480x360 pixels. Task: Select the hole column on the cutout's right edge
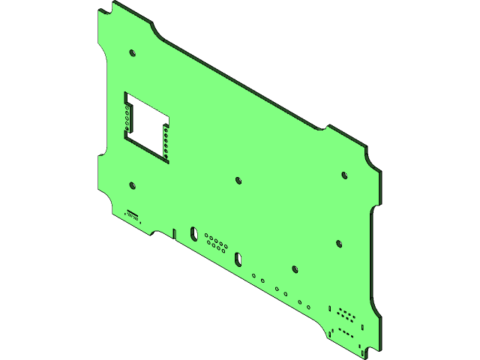coord(166,142)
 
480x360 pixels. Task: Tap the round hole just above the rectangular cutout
coord(132,54)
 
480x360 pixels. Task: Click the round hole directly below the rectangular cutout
coord(132,185)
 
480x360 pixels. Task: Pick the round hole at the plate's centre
coord(238,180)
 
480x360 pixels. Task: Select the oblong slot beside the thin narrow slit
coord(193,233)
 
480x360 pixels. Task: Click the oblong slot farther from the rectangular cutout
coord(238,259)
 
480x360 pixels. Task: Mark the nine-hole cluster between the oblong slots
coord(216,242)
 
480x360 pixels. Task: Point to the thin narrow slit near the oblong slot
coord(175,233)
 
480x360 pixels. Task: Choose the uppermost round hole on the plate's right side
coord(344,175)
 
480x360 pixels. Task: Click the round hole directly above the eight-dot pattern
coord(339,244)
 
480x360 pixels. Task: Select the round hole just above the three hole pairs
coord(295,268)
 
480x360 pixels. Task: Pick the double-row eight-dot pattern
coord(346,313)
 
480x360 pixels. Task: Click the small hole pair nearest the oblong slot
coord(258,278)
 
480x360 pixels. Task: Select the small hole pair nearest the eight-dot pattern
coord(304,304)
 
